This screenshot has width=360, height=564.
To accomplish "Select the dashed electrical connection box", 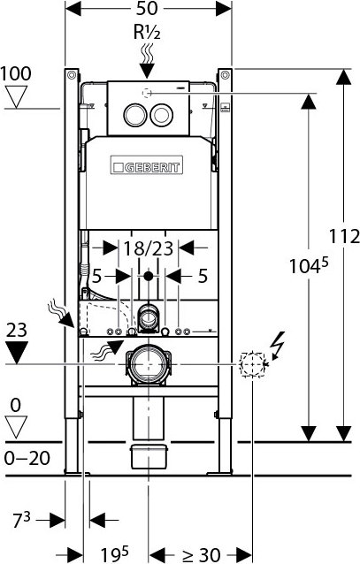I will pyautogui.click(x=253, y=363).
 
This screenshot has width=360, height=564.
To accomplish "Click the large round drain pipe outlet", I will pyautogui.click(x=147, y=364).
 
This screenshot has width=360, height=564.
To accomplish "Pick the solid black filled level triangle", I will pyautogui.click(x=16, y=354).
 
